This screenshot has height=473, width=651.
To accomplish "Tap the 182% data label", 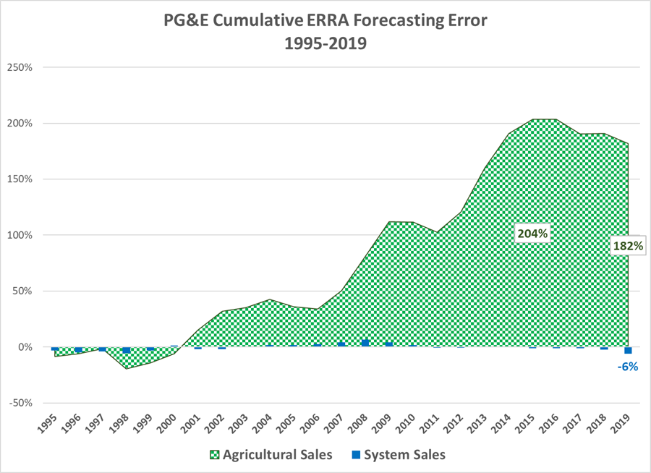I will pyautogui.click(x=628, y=246).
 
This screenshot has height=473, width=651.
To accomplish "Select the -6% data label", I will pyautogui.click(x=627, y=367).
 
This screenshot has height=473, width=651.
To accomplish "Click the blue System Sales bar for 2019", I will pyautogui.click(x=628, y=351).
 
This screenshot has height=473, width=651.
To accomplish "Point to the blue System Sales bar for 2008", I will pyautogui.click(x=365, y=344).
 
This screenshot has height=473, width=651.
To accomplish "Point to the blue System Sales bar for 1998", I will pyautogui.click(x=127, y=350).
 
